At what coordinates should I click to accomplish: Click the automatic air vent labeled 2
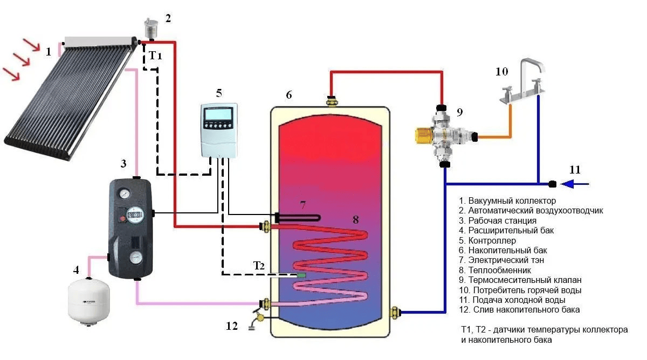tap(151, 29)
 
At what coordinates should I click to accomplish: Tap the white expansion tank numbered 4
tap(88, 301)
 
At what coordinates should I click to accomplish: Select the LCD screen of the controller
tap(218, 115)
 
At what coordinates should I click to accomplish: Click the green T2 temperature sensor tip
tap(301, 275)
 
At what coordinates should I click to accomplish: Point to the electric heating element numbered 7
tap(298, 218)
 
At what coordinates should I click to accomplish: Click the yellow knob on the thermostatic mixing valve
tap(423, 136)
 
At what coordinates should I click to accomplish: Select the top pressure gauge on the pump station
tap(125, 193)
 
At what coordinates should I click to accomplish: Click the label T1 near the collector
tap(155, 56)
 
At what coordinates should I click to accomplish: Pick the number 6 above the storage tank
tap(289, 95)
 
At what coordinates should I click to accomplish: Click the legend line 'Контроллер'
tap(487, 240)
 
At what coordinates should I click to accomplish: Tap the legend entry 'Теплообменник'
tap(495, 270)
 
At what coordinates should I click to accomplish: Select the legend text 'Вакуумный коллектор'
tap(507, 200)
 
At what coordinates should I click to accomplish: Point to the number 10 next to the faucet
tap(502, 72)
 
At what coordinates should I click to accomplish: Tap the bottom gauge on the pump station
tap(136, 258)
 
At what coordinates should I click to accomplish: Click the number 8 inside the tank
tap(356, 220)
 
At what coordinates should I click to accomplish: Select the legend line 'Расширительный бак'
tap(506, 230)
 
